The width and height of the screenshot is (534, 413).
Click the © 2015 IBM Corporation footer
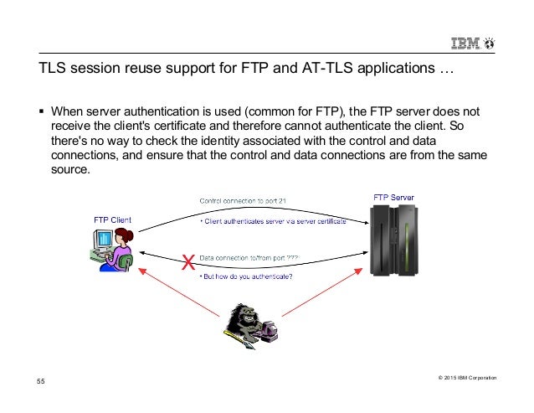tap(466, 378)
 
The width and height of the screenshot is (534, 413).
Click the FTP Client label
tap(112, 221)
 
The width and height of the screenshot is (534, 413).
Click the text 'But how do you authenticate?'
tap(246, 277)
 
